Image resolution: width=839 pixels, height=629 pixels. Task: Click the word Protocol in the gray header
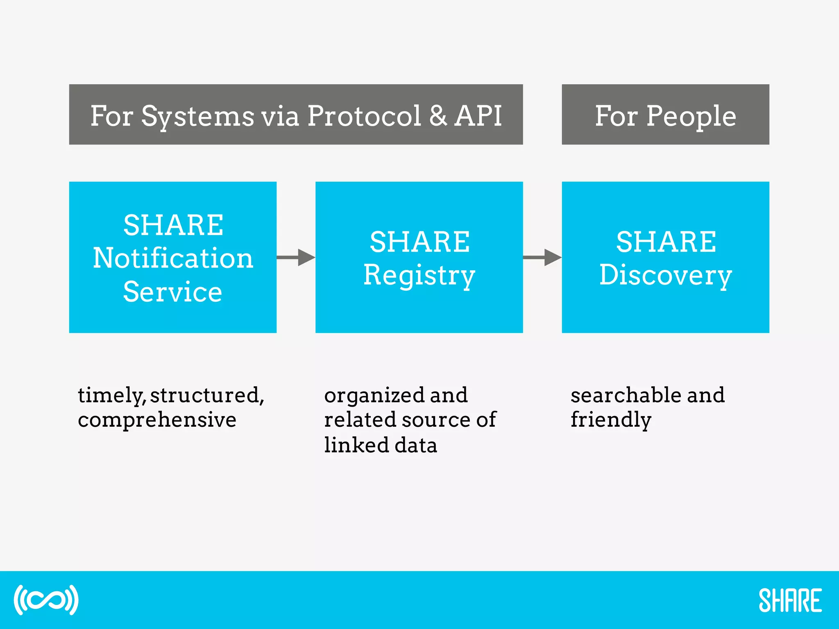[x=364, y=116]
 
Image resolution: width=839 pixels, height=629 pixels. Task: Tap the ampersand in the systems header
[x=438, y=116]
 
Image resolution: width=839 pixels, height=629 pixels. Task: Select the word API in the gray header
[x=478, y=116]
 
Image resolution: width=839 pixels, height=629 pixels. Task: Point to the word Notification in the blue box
[x=173, y=258]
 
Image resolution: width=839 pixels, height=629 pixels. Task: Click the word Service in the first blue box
[x=172, y=292]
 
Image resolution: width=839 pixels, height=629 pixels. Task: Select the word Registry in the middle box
[x=419, y=275]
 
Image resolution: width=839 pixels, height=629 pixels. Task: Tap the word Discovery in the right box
[x=665, y=275]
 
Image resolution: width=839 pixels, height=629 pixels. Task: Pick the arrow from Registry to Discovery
[x=542, y=258]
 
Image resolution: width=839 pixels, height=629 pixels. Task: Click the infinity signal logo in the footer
[x=46, y=600]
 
